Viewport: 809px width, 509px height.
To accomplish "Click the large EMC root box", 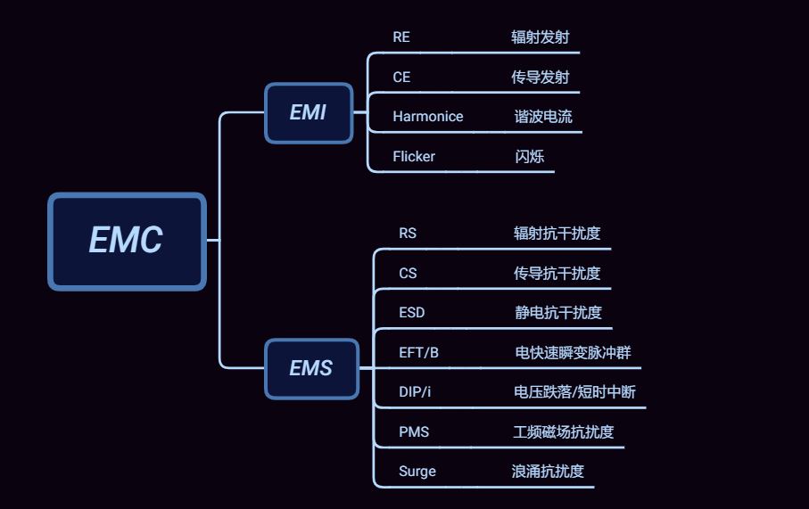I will pos(127,241).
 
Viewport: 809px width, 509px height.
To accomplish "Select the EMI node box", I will pos(309,112).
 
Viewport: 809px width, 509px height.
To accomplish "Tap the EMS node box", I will pos(311,368).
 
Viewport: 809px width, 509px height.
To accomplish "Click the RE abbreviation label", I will pos(401,37).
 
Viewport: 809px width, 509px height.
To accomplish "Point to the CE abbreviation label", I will pos(401,78).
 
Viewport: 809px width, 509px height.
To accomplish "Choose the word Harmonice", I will pos(428,117).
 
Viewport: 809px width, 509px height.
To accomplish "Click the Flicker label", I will pos(414,157).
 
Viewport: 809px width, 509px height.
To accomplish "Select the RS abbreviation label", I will pos(408,234).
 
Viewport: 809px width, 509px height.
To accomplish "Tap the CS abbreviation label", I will pos(408,274).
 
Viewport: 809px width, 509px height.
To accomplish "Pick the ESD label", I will pos(412,313).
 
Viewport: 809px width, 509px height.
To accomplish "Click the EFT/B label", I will pos(418,353).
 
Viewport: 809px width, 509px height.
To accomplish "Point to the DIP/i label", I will pos(415,392).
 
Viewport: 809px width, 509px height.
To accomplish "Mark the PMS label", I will pos(414,432).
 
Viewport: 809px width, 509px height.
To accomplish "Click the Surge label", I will pos(417,472).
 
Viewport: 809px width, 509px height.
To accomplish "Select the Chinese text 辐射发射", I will pos(540,37).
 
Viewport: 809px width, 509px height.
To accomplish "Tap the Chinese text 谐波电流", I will pos(543,117).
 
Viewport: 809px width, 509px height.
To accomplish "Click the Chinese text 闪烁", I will pos(529,157).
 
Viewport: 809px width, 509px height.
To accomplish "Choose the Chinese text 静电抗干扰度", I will pos(558,313).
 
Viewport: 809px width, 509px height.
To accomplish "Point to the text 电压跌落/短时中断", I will pos(575,392).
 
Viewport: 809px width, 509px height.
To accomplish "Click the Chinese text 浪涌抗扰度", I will pos(548,472).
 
